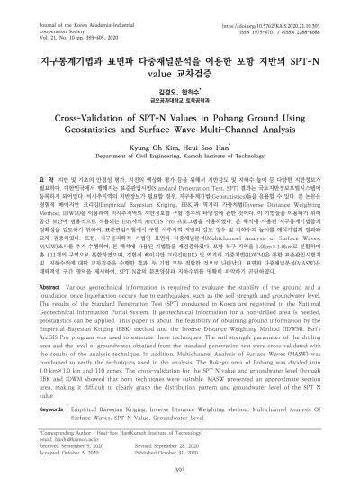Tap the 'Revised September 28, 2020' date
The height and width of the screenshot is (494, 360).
coord(220,439)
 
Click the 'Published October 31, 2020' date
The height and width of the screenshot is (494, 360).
coord(220,445)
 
